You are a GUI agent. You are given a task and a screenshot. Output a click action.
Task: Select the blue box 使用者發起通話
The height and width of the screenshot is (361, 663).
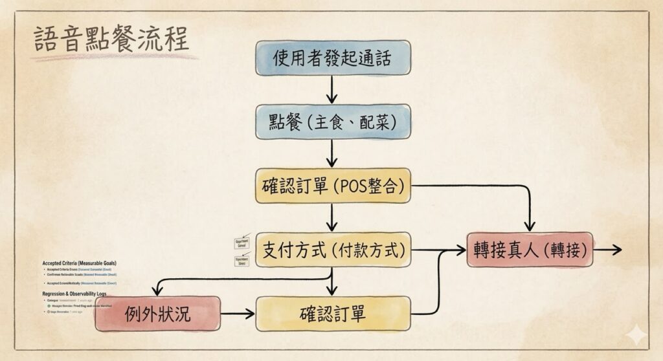tap(332, 58)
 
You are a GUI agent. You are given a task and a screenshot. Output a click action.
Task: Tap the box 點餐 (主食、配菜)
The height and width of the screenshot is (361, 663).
tap(332, 122)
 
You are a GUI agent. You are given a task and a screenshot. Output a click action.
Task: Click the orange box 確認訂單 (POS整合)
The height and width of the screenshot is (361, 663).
tap(332, 186)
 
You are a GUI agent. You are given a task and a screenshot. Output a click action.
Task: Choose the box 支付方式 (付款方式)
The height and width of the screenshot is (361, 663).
tap(332, 250)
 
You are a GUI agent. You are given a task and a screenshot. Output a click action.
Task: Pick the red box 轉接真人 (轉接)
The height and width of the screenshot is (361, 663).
tap(530, 250)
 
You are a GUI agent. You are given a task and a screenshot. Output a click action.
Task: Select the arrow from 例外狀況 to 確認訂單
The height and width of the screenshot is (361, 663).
tap(238, 314)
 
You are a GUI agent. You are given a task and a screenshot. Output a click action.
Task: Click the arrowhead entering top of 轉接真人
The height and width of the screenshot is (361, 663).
tap(530, 225)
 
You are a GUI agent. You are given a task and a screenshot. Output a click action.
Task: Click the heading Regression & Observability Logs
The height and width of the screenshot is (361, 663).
tap(74, 293)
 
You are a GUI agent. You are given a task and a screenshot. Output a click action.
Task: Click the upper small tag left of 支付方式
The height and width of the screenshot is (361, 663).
tap(242, 241)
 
